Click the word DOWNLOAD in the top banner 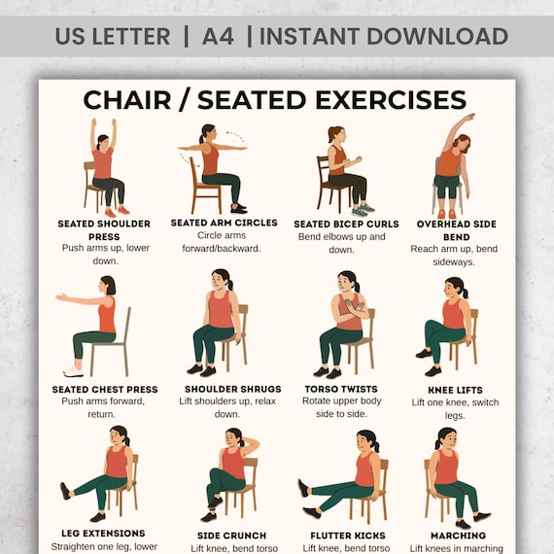pos(437,36)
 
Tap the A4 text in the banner pos(218,36)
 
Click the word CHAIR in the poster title pos(127,100)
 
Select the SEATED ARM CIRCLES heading pos(224,223)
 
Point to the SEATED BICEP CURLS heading pos(346,224)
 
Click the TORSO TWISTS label pos(341,389)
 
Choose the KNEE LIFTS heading pos(455,390)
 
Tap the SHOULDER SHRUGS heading pos(233,389)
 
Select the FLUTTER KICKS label pos(348,536)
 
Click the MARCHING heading pos(458,536)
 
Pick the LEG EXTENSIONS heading pos(103,534)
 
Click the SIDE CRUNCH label pos(231,536)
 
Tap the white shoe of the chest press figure pos(74,371)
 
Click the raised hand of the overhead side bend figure pos(469,117)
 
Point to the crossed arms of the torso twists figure pos(355,307)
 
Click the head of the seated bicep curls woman pos(336,134)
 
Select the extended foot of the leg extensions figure pos(65,491)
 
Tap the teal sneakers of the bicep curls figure pos(363,210)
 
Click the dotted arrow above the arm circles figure pos(235,136)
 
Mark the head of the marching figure pos(446,438)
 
